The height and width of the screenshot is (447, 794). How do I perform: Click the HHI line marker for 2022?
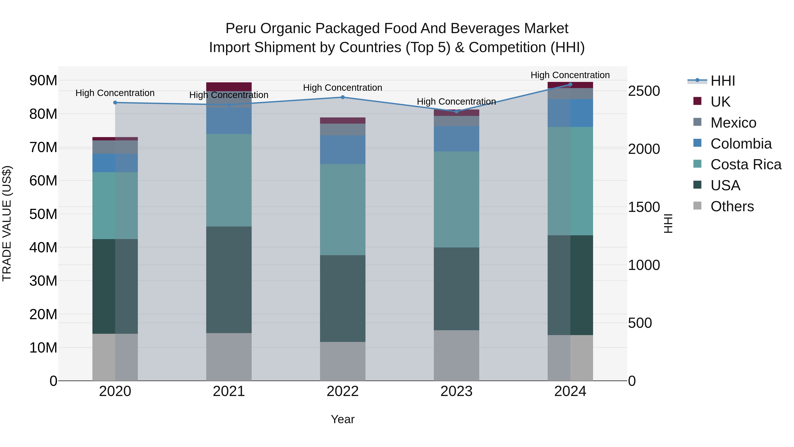(x=343, y=97)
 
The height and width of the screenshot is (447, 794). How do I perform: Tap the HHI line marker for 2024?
(x=570, y=85)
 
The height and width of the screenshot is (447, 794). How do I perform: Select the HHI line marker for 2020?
(x=115, y=102)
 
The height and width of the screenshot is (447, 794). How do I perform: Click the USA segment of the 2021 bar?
(x=229, y=279)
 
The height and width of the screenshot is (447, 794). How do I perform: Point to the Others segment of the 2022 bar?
(x=343, y=361)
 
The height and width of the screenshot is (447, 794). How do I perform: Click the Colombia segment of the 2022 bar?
(x=343, y=150)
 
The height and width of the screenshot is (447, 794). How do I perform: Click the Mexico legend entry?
(x=733, y=123)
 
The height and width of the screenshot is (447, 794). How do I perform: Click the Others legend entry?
(x=732, y=206)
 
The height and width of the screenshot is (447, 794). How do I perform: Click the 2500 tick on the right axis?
(x=644, y=91)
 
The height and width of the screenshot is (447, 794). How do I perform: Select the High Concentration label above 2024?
(x=570, y=75)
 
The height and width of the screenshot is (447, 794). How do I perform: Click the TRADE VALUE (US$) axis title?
(x=7, y=223)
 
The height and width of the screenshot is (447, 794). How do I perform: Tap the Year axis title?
(x=343, y=419)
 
